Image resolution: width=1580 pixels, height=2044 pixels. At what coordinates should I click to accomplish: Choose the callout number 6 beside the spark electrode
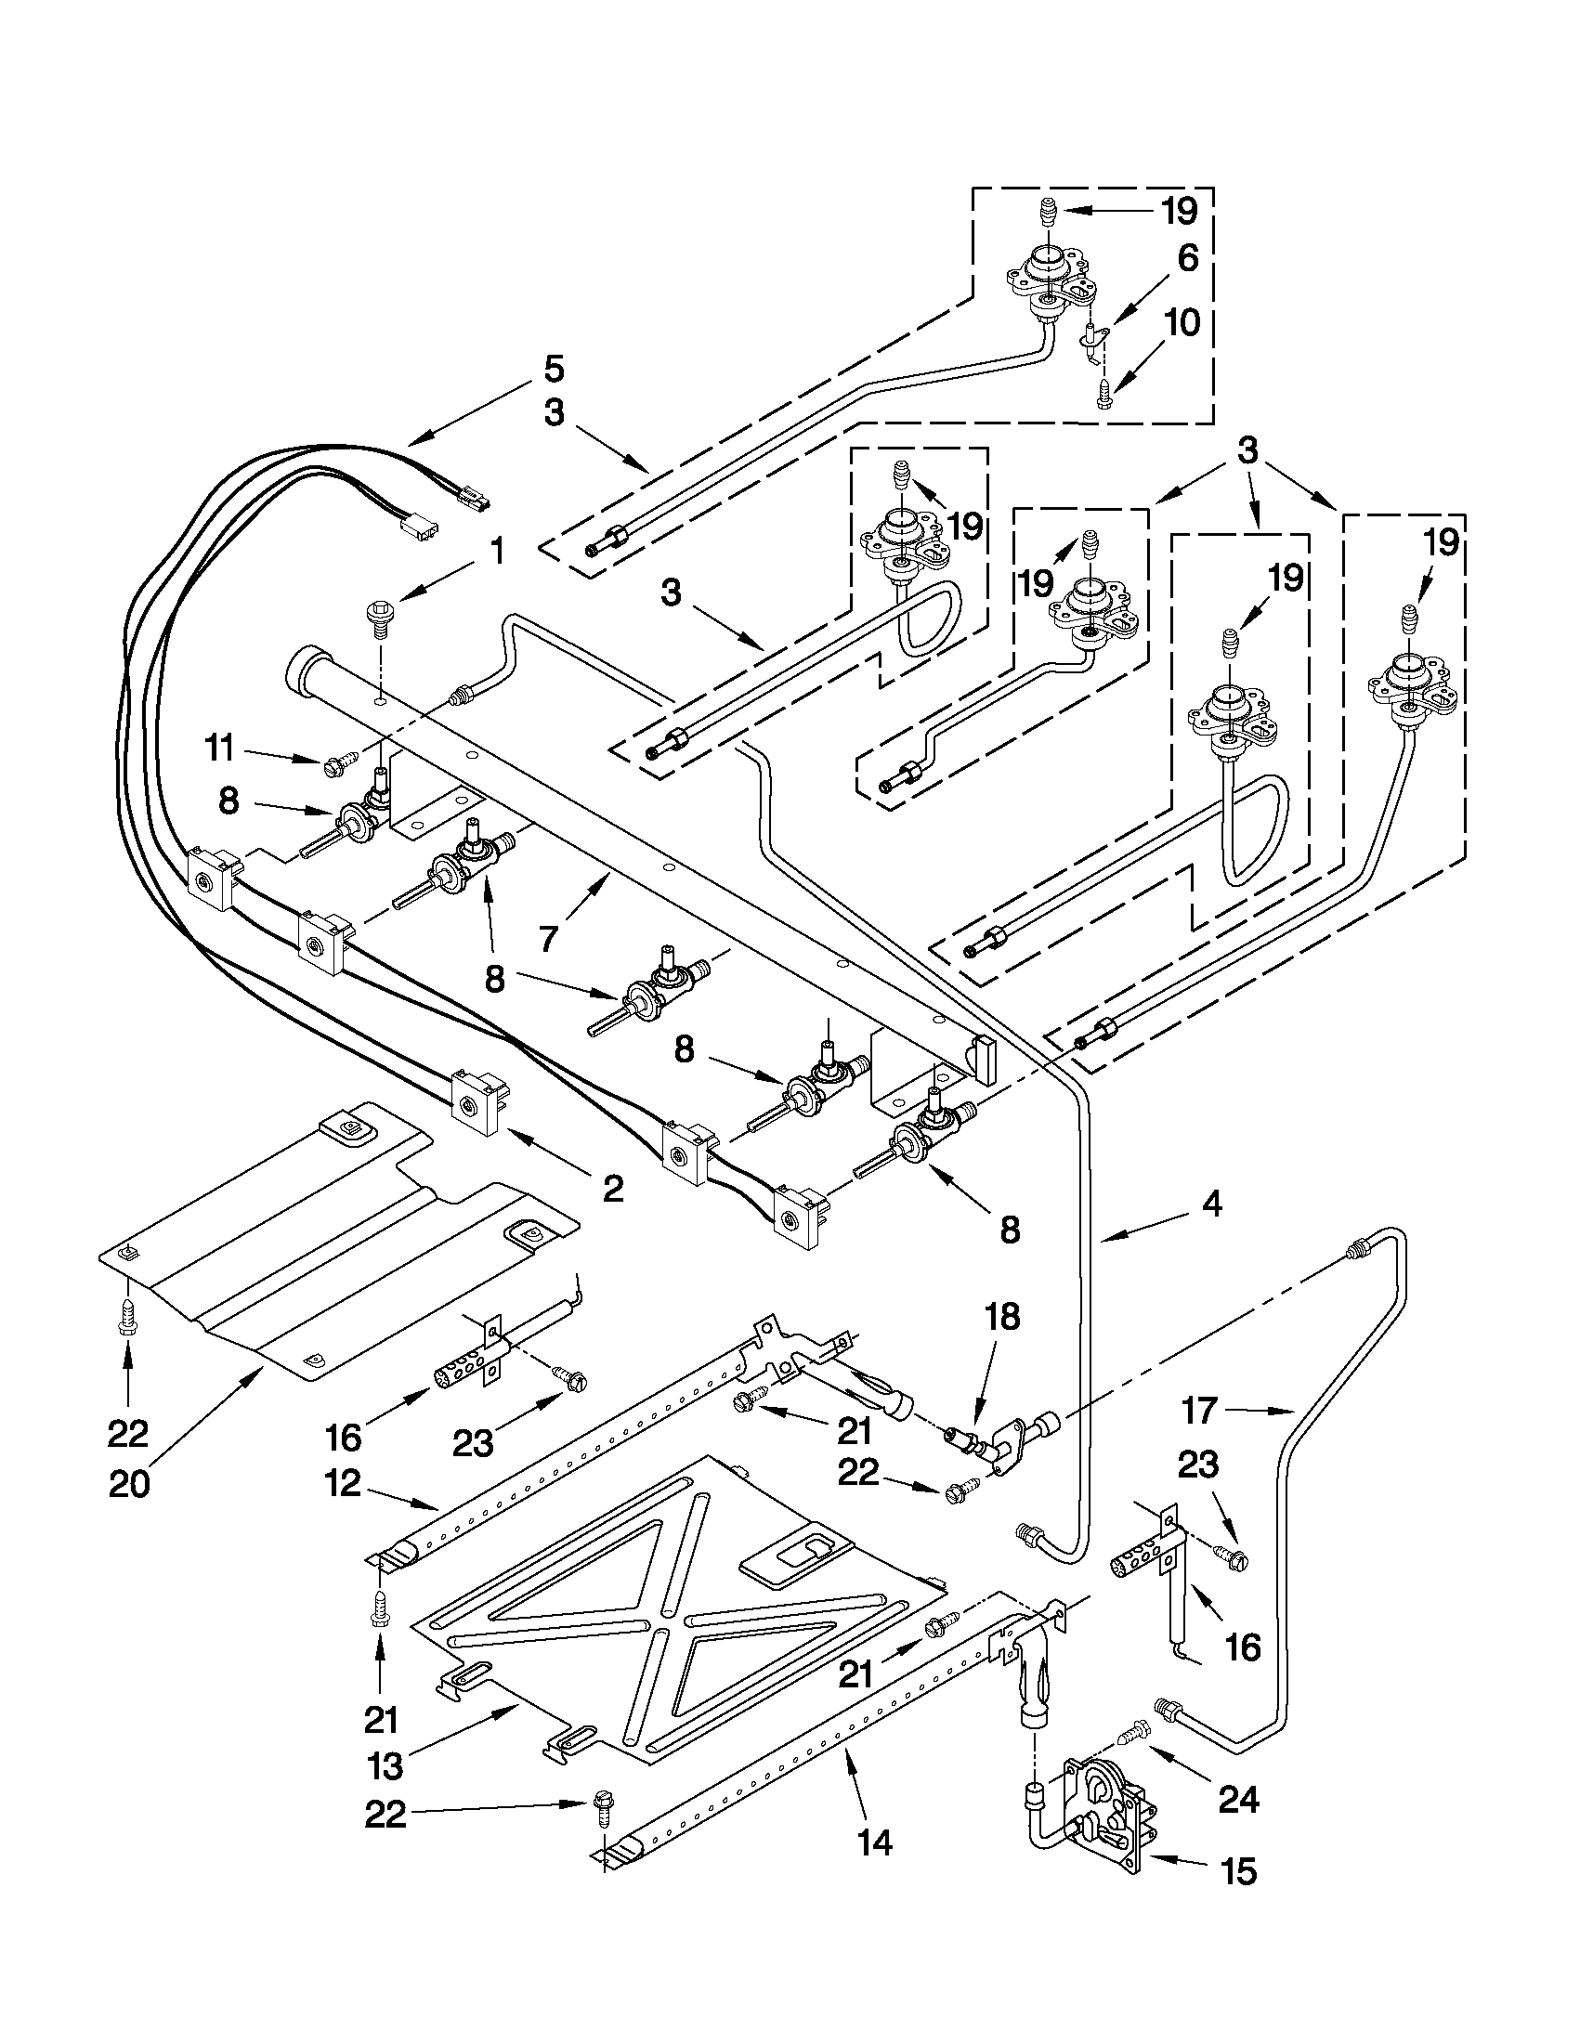pyautogui.click(x=1187, y=258)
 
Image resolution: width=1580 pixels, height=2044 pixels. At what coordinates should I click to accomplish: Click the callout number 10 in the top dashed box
pyautogui.click(x=1182, y=323)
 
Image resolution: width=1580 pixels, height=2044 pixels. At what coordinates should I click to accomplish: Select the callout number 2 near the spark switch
pyautogui.click(x=612, y=1189)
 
